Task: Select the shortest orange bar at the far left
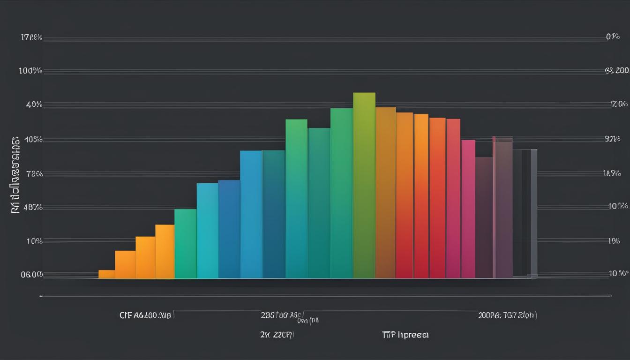point(106,274)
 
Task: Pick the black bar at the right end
point(525,213)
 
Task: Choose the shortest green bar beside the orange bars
point(185,244)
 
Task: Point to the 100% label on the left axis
point(30,71)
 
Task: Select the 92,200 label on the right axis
point(616,71)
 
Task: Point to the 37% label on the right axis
point(613,139)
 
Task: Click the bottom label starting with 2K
point(277,335)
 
